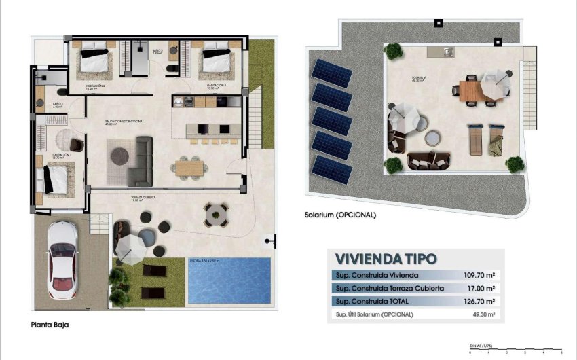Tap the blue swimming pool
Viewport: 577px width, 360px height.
click(229, 280)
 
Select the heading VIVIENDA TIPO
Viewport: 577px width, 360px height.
click(386, 258)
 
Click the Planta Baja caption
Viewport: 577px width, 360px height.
click(50, 325)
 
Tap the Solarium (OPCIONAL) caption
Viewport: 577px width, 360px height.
click(340, 215)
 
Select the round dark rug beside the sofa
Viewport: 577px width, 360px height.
click(122, 155)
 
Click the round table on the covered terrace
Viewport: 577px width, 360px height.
click(217, 215)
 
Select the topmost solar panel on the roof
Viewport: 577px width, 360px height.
click(331, 72)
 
